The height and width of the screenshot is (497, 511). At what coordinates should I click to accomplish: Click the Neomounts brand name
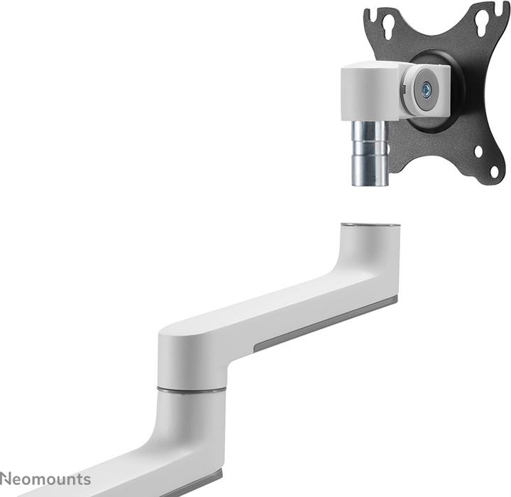[x=45, y=479]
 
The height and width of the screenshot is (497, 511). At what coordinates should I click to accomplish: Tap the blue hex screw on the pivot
[x=426, y=90]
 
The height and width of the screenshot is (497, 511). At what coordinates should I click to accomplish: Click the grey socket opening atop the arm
[x=370, y=226]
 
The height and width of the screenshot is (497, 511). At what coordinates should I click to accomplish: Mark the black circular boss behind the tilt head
[x=447, y=117]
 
